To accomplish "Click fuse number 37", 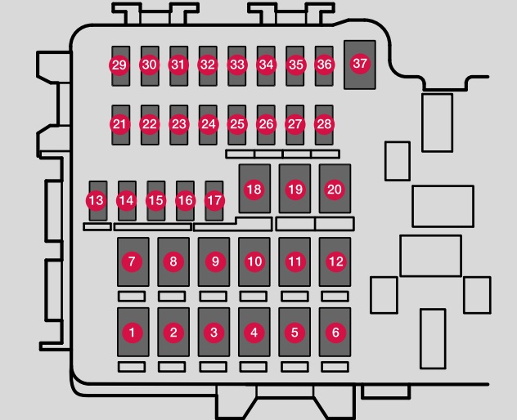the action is [x=360, y=65].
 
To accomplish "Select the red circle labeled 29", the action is [x=119, y=65].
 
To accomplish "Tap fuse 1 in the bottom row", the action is [x=133, y=332].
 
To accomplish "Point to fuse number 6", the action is [x=335, y=332].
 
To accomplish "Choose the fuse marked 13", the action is [x=98, y=201].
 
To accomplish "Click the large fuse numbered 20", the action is [x=335, y=189].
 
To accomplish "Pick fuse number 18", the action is [x=254, y=189].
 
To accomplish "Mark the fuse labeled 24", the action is [x=208, y=125].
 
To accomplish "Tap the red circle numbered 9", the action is [x=215, y=261].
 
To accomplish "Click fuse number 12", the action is [x=335, y=261].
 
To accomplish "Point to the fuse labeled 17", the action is [x=214, y=201].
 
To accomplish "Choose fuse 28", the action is [x=324, y=125].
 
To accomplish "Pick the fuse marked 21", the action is [x=121, y=125].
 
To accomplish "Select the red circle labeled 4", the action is [x=254, y=333].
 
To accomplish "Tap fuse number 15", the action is [x=156, y=201].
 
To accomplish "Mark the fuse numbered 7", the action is [x=133, y=261].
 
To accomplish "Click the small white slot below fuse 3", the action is [x=214, y=367].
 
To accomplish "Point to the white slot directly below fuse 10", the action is [x=254, y=297].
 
